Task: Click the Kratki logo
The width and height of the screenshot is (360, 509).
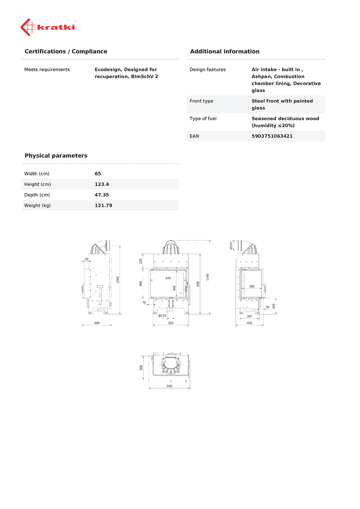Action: [47, 27]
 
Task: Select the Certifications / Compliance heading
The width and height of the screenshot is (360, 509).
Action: [66, 51]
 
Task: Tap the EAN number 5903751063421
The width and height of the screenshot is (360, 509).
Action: [272, 136]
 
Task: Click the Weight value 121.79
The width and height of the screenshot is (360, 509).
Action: [103, 205]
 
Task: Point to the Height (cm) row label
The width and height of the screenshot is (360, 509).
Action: [37, 184]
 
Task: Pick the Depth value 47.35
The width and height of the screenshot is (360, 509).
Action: [102, 195]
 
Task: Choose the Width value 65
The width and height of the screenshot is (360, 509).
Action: [98, 173]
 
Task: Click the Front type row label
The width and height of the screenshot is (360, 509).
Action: [201, 101]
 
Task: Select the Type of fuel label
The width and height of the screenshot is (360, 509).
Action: [203, 118]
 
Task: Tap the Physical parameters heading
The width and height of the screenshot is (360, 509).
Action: [56, 156]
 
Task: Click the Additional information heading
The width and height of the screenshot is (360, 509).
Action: [224, 51]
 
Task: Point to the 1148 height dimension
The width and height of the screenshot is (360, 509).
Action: [208, 277]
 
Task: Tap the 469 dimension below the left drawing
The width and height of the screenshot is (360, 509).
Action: [97, 323]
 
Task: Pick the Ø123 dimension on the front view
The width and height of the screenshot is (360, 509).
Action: [162, 316]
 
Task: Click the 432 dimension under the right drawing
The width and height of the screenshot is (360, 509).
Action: [249, 323]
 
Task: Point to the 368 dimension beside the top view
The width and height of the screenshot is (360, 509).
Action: [141, 367]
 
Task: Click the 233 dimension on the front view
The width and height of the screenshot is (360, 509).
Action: [141, 262]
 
